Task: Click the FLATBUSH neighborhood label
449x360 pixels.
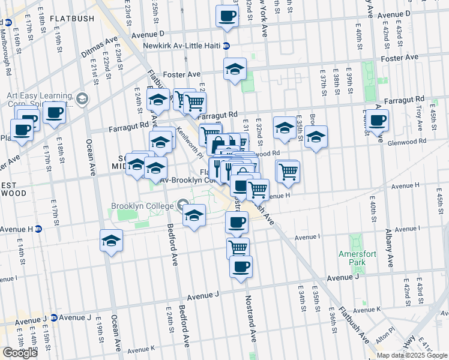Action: pos(72,19)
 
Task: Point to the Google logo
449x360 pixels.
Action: pos(20,353)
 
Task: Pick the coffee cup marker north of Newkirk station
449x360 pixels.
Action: pos(227,16)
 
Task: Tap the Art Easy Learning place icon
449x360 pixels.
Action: pos(82,98)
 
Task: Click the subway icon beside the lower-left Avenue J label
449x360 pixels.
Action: pos(53,317)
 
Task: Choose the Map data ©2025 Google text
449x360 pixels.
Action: pos(412,355)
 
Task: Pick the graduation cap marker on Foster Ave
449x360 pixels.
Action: pos(235,70)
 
